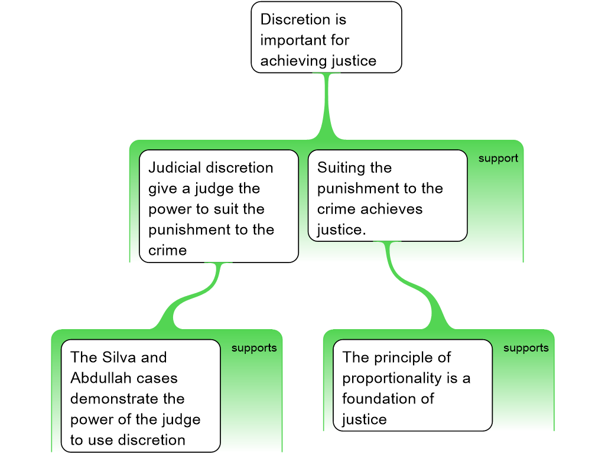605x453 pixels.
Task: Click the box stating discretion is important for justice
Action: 326,37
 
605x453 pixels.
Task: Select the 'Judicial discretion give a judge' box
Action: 219,206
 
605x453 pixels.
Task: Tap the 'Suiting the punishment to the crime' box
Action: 388,196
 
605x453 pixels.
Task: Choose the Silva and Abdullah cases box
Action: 141,396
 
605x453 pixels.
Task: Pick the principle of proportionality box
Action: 412,385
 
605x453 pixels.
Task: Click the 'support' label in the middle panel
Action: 498,158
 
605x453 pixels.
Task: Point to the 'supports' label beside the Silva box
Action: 254,348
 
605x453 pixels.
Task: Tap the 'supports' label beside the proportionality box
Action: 526,348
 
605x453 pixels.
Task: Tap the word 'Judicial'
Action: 175,168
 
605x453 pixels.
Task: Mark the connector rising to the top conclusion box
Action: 326,106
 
